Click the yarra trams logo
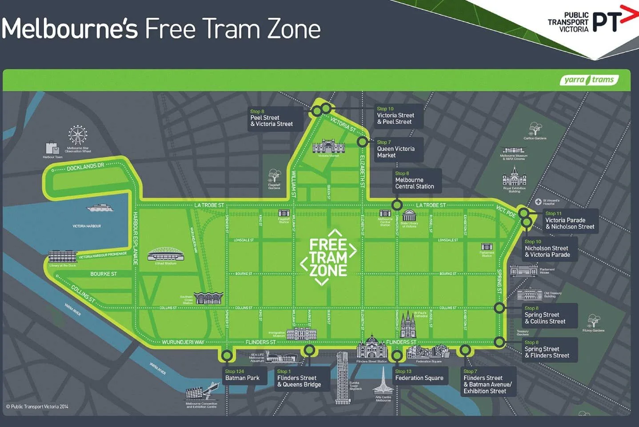(x=589, y=80)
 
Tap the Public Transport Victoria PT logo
(x=591, y=22)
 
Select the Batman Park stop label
(x=242, y=375)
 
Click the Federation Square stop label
(x=419, y=375)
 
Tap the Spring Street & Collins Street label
(x=549, y=315)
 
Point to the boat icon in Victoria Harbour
(x=100, y=208)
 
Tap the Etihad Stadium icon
(x=166, y=254)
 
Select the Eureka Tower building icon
(x=342, y=376)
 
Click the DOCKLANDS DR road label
(x=85, y=167)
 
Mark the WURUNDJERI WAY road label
(x=183, y=342)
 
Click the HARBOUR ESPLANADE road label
(x=136, y=238)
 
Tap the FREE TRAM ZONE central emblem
(x=328, y=257)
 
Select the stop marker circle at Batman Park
(x=227, y=355)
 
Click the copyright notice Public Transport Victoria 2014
(x=37, y=407)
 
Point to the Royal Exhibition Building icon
(x=514, y=178)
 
